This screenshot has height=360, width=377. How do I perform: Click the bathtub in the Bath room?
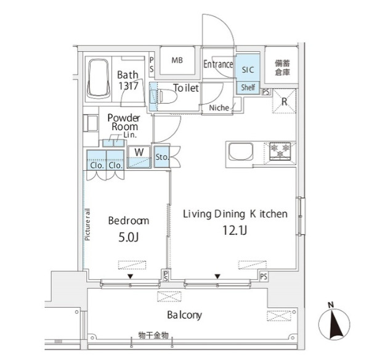[99, 79]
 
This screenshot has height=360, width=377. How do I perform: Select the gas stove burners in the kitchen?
[280, 151]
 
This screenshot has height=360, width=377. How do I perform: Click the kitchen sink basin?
[240, 152]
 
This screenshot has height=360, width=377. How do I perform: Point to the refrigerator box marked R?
[284, 101]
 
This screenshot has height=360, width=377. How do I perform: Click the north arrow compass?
[334, 324]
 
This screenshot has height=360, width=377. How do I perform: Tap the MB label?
[177, 60]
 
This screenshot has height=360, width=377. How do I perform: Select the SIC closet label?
[248, 70]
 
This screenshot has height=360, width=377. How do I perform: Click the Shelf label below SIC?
[248, 87]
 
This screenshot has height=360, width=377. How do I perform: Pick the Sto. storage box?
[162, 157]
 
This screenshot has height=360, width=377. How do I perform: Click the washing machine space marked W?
[139, 157]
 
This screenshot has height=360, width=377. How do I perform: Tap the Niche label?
[219, 108]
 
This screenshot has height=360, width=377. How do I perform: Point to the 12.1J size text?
[235, 231]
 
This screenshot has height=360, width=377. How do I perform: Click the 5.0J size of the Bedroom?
[128, 237]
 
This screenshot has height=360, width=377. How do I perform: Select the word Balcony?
[184, 315]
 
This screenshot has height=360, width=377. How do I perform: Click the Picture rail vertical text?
[87, 224]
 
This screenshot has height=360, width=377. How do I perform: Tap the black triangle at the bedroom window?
[131, 277]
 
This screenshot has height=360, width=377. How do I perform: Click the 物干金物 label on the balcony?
[153, 335]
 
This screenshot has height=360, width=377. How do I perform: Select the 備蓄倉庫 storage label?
[283, 68]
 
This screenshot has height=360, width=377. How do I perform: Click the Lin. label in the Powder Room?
[130, 135]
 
